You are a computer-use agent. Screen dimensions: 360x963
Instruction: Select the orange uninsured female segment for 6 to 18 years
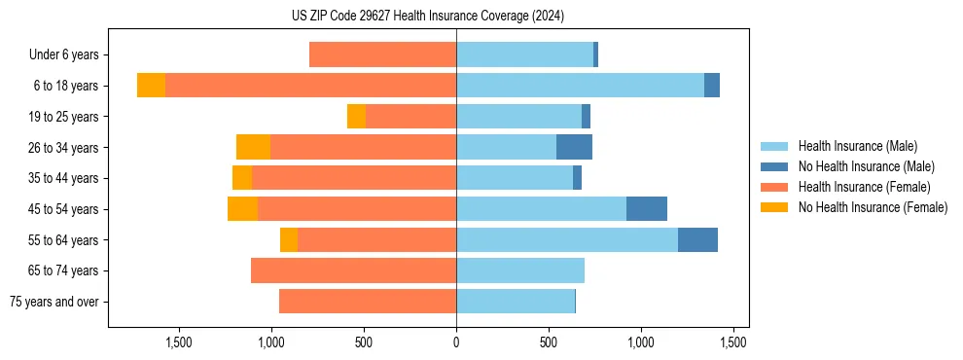(x=151, y=86)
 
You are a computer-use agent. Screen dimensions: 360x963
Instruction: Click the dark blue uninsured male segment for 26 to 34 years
(x=574, y=147)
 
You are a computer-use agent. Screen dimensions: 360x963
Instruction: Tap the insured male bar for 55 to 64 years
(x=567, y=239)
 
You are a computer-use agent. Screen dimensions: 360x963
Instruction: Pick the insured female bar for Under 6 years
(x=382, y=54)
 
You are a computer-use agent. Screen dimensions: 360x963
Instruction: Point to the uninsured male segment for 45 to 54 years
(x=647, y=208)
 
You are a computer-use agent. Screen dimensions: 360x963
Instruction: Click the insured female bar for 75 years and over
(x=368, y=302)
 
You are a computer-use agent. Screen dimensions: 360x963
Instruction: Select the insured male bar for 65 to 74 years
(x=520, y=270)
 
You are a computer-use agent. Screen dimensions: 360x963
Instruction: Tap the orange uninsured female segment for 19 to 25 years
(x=356, y=116)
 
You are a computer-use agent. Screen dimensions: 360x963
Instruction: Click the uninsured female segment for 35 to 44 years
(x=242, y=178)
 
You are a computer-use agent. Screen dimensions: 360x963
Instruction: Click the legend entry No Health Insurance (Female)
(x=873, y=207)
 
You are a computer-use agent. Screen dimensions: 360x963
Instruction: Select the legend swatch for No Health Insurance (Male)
(x=775, y=166)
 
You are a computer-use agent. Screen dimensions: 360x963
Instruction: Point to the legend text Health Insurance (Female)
(x=865, y=187)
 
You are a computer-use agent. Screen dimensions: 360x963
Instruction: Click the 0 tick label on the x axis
(x=456, y=342)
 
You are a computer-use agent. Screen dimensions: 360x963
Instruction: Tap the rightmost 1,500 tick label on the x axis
(x=732, y=342)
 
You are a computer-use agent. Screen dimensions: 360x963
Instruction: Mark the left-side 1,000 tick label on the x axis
(x=270, y=342)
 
